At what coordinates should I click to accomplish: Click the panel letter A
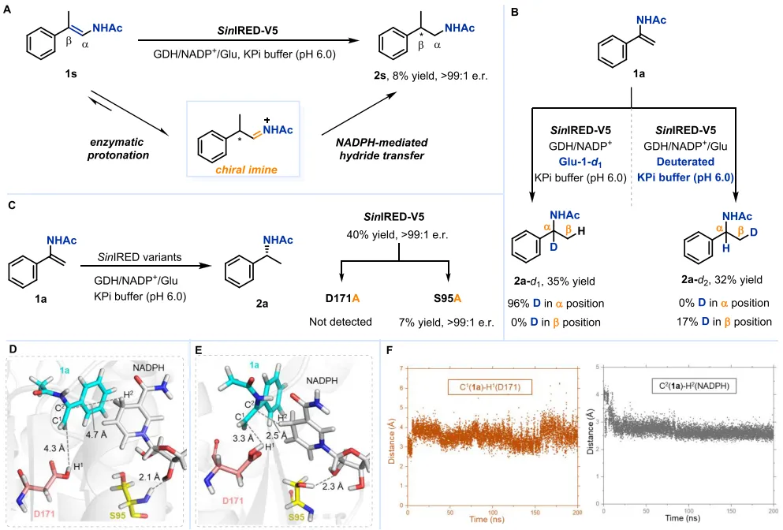[x=9, y=10]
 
